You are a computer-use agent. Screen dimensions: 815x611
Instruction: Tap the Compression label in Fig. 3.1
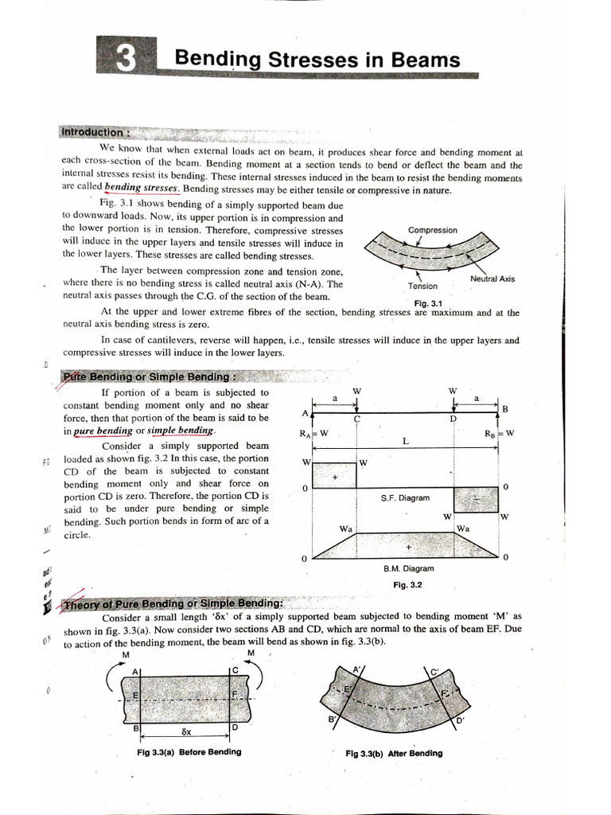pos(432,230)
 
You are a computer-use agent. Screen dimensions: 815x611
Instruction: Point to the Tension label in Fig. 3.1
pos(422,285)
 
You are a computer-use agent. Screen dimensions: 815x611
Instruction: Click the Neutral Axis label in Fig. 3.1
pos(492,279)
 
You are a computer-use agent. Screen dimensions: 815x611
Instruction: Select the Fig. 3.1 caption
pos(427,303)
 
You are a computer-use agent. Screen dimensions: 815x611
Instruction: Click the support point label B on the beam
pos(504,407)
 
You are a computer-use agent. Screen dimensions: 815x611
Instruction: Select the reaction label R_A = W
pos(313,434)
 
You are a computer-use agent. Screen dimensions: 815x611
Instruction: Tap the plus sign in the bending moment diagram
pos(409,548)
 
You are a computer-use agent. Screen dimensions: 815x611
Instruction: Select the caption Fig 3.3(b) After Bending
pos(394,753)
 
